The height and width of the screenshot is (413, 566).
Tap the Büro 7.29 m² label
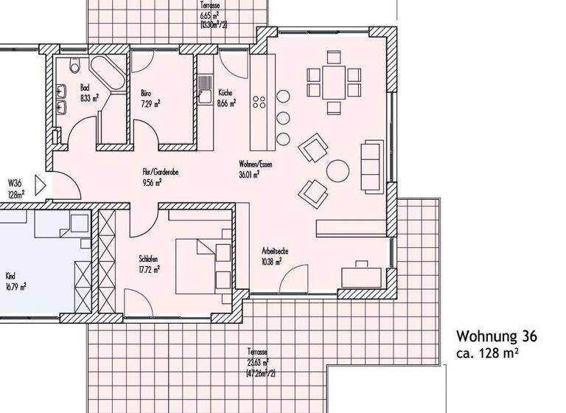150,97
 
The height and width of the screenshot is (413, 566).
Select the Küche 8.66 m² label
226,98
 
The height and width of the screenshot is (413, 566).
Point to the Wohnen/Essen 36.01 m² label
256,169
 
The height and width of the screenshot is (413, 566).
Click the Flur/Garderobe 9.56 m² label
161,178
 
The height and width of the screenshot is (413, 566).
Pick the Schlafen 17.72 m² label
149,264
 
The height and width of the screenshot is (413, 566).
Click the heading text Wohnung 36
496,337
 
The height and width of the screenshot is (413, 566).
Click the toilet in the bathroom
74,67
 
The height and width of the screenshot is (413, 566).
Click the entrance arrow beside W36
42,184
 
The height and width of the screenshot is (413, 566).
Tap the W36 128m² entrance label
16,188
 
